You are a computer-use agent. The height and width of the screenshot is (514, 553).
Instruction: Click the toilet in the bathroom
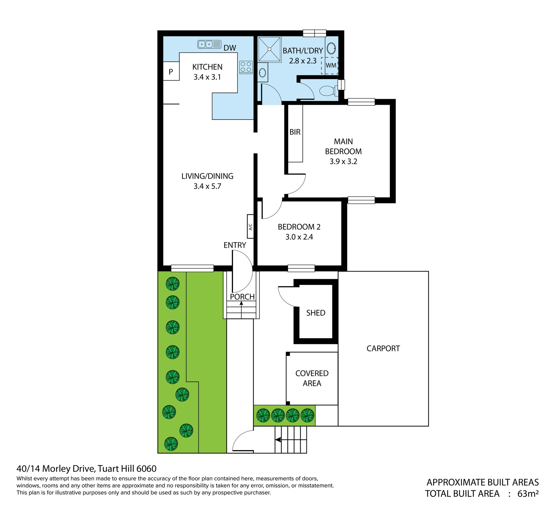tap(328, 91)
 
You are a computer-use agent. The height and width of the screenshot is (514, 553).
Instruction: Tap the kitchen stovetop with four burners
tap(246, 67)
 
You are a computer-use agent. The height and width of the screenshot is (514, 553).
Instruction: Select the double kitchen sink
tap(209, 44)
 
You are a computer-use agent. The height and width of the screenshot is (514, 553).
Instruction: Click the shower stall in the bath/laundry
tap(269, 49)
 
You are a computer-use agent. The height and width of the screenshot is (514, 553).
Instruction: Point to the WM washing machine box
tap(330, 66)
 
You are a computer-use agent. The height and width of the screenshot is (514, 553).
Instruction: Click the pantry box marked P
tap(171, 71)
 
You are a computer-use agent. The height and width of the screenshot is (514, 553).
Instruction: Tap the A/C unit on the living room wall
tap(250, 226)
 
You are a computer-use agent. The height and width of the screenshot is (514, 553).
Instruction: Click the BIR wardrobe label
tap(295, 132)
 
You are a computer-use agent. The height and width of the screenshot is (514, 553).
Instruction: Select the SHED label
tap(316, 313)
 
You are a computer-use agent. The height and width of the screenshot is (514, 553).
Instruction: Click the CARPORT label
tap(383, 348)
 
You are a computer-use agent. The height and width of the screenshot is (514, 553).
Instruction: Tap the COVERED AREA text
tap(312, 378)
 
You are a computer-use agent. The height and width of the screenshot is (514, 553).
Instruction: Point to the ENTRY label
tap(235, 245)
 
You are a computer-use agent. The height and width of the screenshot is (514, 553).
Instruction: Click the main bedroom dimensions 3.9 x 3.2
tap(343, 161)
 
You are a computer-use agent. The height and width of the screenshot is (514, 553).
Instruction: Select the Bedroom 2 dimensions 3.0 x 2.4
tap(299, 237)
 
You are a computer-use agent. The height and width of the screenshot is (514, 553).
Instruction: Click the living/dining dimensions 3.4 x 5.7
tap(207, 186)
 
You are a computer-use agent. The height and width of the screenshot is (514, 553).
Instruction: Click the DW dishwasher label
tap(230, 48)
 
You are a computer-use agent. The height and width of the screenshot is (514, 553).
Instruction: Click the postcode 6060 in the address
tap(146, 469)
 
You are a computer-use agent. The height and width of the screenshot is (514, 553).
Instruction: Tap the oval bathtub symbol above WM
tap(331, 48)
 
